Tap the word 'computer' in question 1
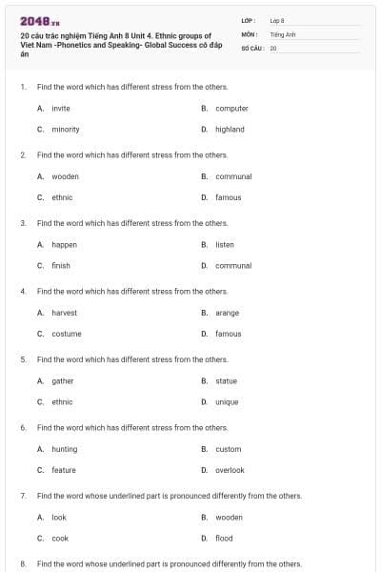[231, 108]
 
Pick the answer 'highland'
[230, 129]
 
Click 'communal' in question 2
[233, 176]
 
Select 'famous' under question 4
[229, 334]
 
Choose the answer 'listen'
[225, 244]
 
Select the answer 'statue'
[227, 380]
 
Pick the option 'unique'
[227, 402]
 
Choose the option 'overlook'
[230, 470]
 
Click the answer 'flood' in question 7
[224, 539]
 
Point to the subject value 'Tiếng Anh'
[284, 33]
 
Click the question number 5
[23, 359]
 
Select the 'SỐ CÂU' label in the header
[251, 47]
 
